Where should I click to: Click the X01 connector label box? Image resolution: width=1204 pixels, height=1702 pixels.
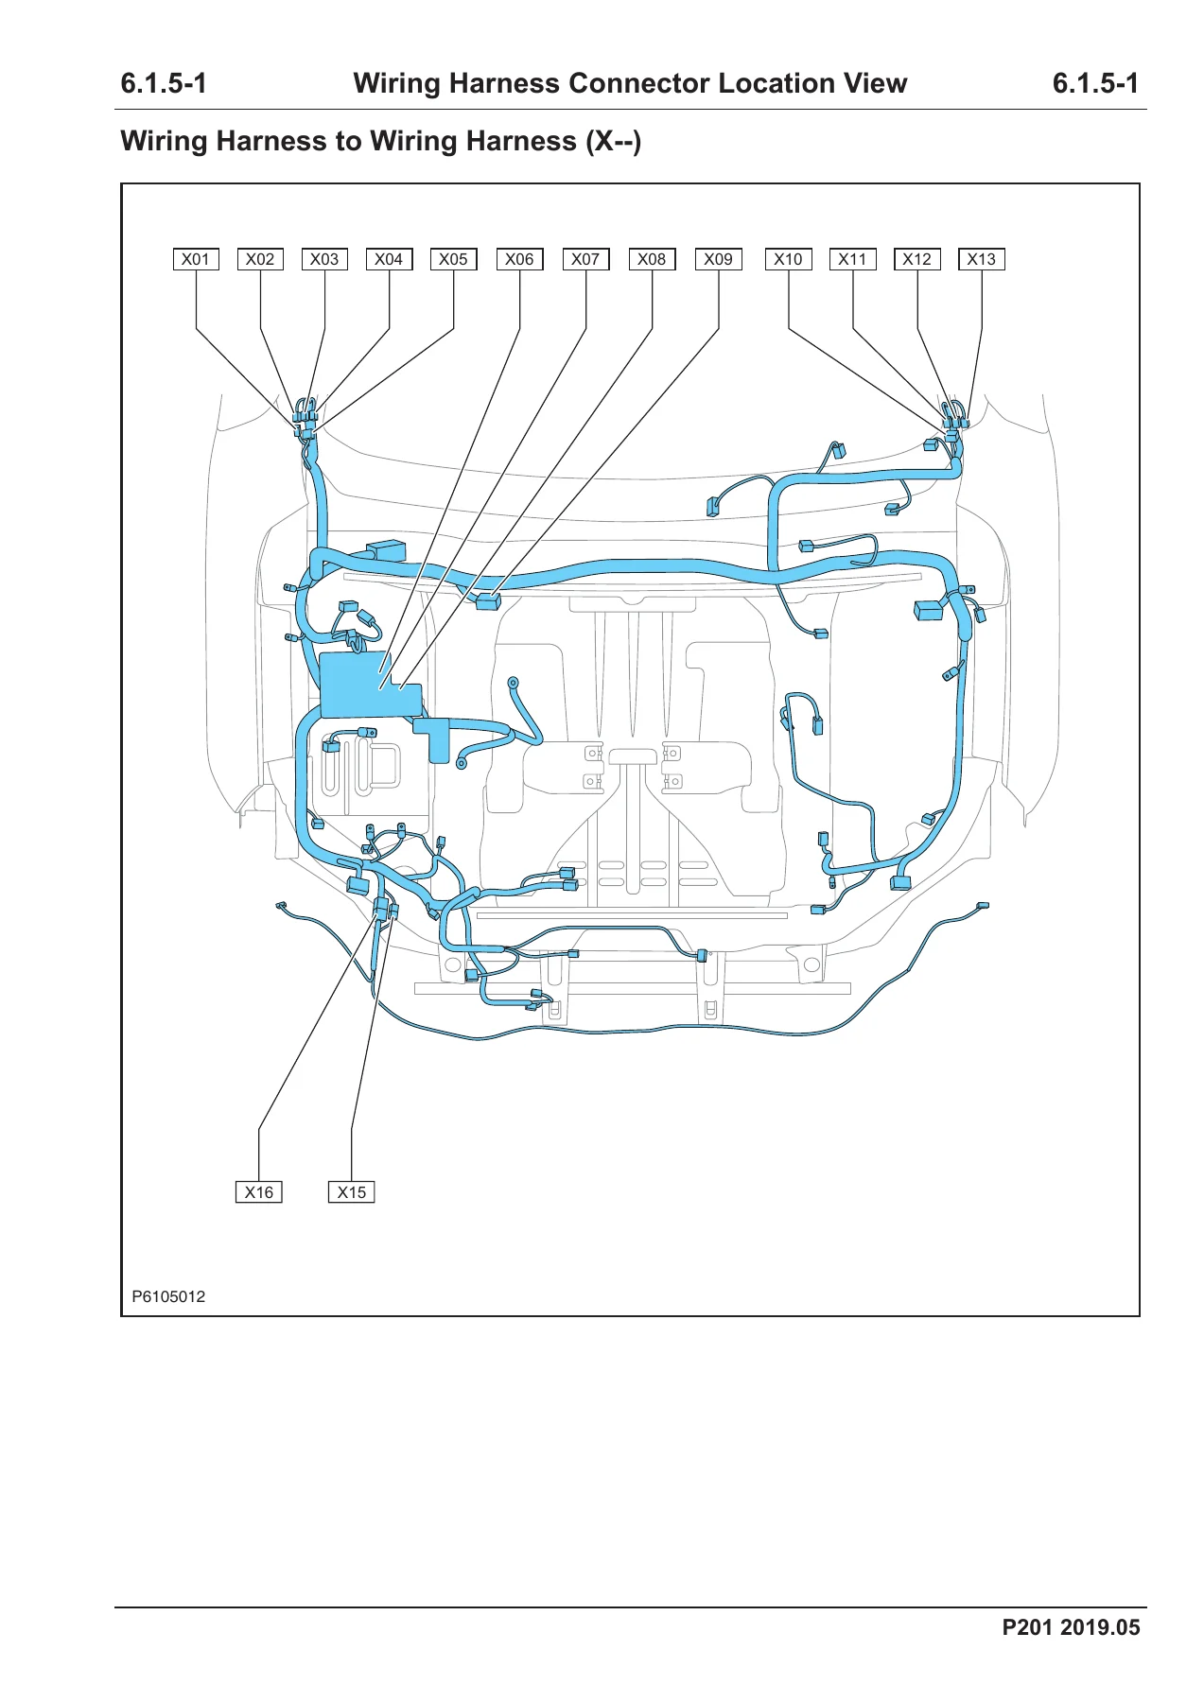coord(196,259)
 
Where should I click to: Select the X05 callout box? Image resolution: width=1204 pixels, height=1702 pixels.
coord(453,259)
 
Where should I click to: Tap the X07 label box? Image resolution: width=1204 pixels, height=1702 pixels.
coord(585,259)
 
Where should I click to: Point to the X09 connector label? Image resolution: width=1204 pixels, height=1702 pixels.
coord(719,259)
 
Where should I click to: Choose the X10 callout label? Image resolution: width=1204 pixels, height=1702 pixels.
coord(788,259)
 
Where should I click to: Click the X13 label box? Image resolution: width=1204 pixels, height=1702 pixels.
coord(982,259)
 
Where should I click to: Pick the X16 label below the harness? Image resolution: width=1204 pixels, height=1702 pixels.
coord(258,1192)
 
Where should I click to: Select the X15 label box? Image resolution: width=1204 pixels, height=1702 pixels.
coord(351,1192)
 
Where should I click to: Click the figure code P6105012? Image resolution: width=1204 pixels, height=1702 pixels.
coord(168,1296)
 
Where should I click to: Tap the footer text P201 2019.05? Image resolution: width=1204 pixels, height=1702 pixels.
coord(1071,1627)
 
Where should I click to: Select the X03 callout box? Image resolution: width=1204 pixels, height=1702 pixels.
coord(324,259)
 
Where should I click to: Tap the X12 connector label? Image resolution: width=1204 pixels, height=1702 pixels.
coord(917,259)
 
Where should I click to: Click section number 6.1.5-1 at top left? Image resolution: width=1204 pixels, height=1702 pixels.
coord(164,83)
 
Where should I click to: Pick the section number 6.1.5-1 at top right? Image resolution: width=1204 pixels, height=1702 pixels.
coord(1095,83)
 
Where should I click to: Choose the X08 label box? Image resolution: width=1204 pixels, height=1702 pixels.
coord(652,259)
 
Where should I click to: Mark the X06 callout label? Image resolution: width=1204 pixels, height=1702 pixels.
coord(519,259)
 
